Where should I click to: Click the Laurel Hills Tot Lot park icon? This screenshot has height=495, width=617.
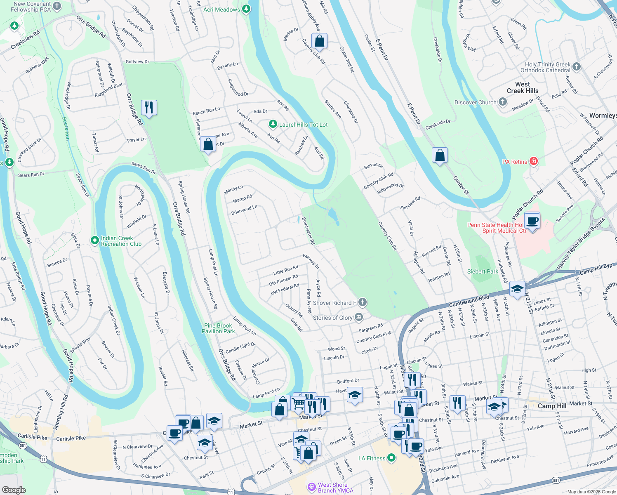coord(273,124)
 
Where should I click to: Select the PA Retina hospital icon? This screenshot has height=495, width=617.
coord(533,161)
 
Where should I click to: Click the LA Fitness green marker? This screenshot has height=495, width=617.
coord(392,458)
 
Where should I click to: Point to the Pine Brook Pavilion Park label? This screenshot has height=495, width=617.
coord(218,328)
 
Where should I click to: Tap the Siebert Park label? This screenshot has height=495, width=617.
coord(483,271)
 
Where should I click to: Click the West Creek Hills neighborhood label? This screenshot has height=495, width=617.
coord(523,87)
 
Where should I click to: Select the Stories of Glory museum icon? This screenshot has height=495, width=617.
coord(359,317)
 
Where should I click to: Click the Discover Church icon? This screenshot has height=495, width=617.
coord(502,102)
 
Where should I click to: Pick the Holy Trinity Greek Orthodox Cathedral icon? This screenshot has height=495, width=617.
coord(577,66)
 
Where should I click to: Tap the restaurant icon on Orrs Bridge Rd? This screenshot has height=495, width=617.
coord(148,108)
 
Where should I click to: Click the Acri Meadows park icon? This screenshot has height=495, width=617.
coord(246,9)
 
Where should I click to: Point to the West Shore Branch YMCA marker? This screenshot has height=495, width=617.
coord(311,487)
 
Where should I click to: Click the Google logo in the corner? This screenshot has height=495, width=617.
coord(14,490)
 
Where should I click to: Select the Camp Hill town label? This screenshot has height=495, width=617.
coord(552,406)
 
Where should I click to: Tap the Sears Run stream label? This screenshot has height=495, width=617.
coord(66,129)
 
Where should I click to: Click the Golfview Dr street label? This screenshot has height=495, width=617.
coord(137,61)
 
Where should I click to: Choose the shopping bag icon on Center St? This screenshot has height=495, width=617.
coord(440,155)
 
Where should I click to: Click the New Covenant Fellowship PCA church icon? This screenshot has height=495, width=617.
coord(57,6)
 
